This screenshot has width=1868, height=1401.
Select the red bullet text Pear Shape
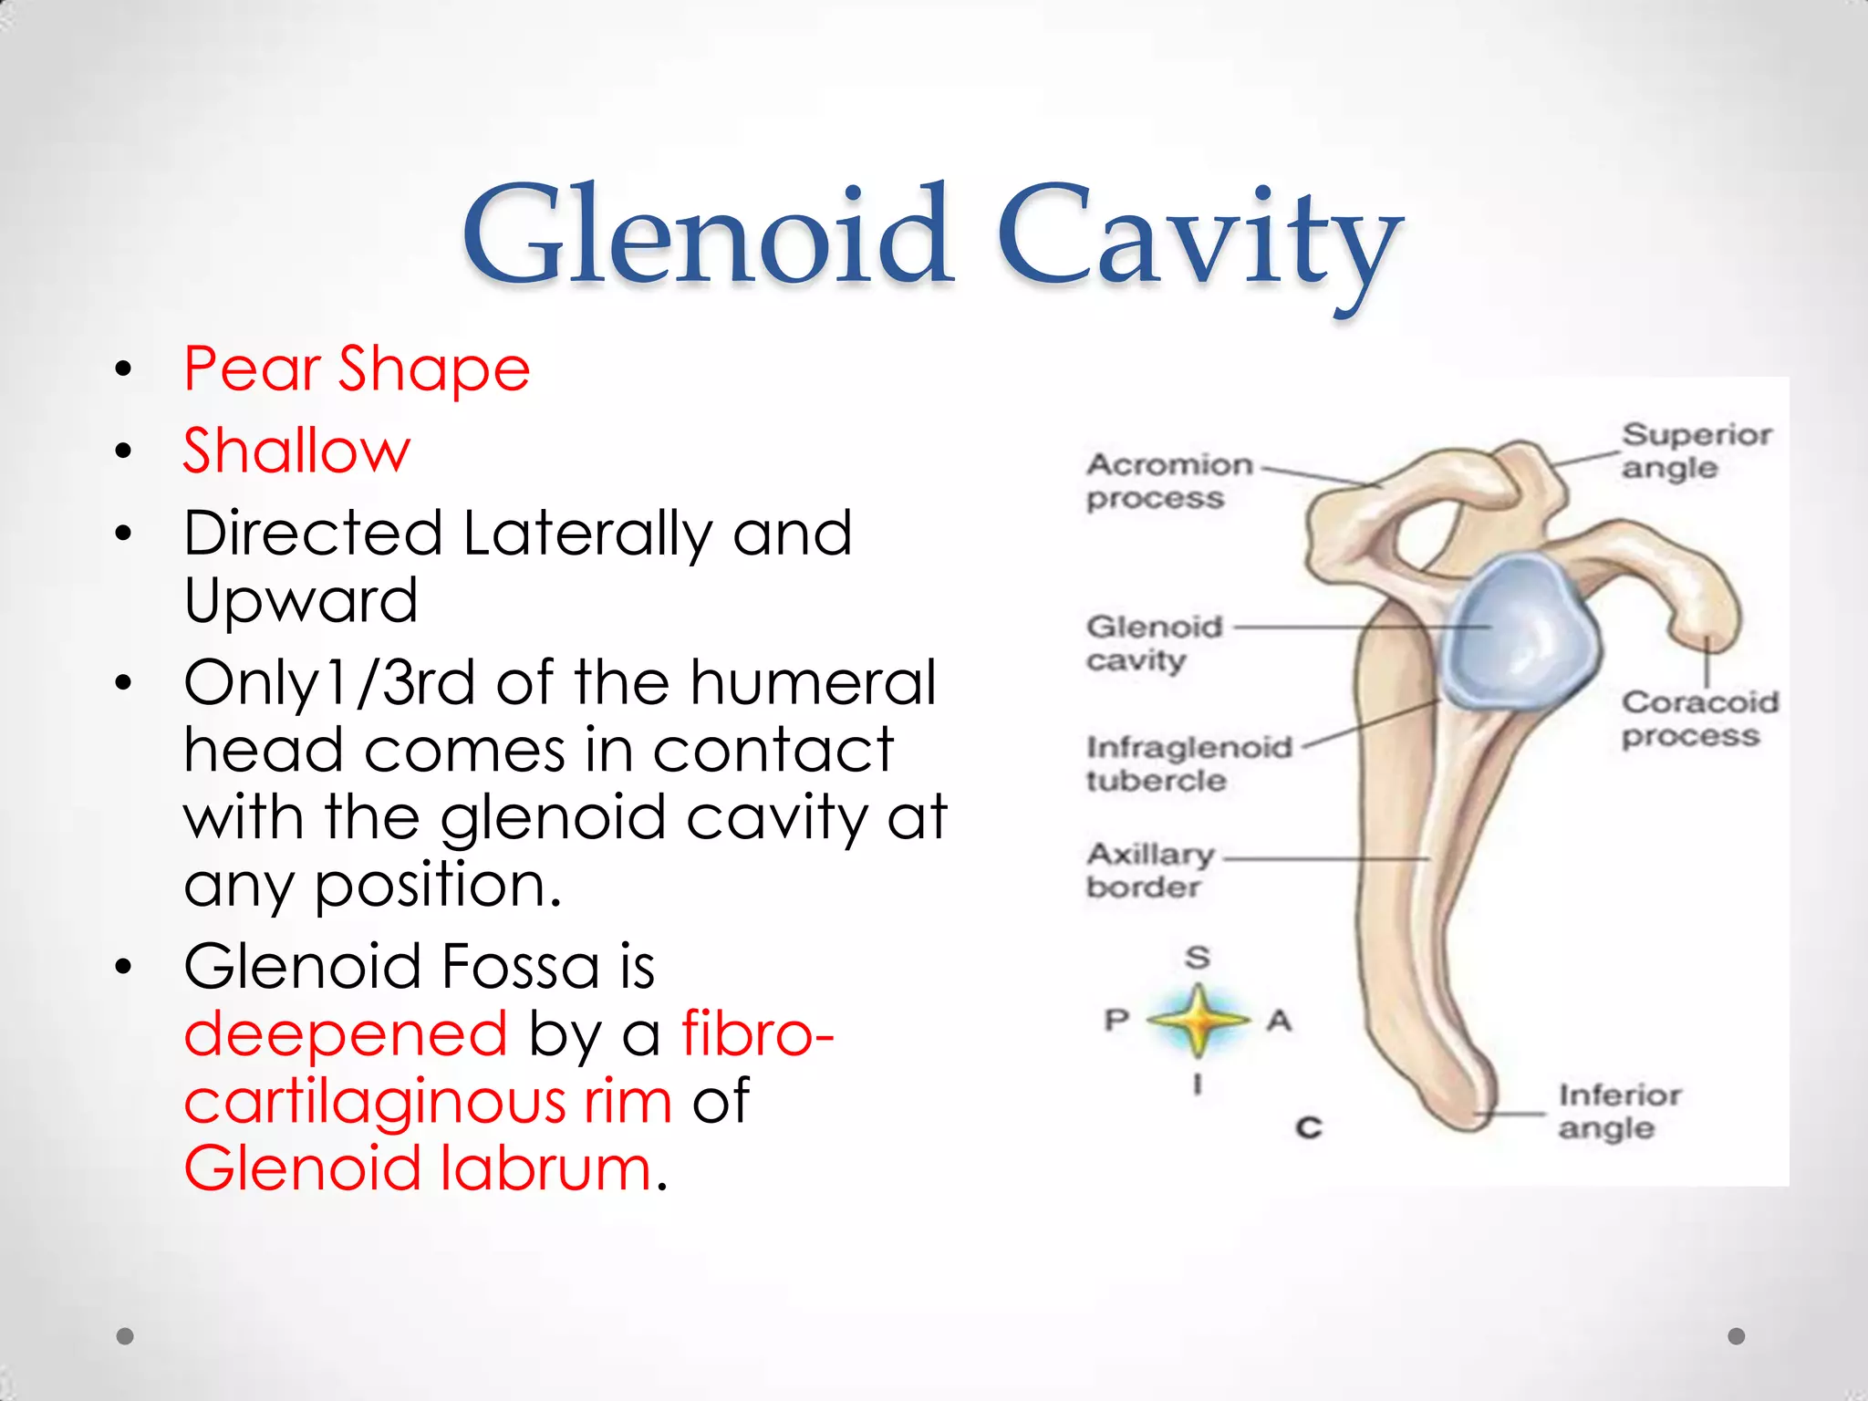coord(357,369)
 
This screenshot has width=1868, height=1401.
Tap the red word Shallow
coord(296,451)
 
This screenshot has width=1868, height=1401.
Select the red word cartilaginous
coord(375,1101)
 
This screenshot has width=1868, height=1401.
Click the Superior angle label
coord(1696,451)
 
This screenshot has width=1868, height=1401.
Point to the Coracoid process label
coord(1698,719)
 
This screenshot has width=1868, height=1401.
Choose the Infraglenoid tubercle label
coord(1188,764)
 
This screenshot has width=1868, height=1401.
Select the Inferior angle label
coord(1618,1111)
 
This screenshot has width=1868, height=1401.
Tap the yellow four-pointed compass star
coord(1198,1020)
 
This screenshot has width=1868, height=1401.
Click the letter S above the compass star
coord(1198,957)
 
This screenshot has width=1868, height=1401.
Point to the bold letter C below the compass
coord(1309,1128)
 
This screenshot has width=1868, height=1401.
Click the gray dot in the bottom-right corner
coord(1737,1336)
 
